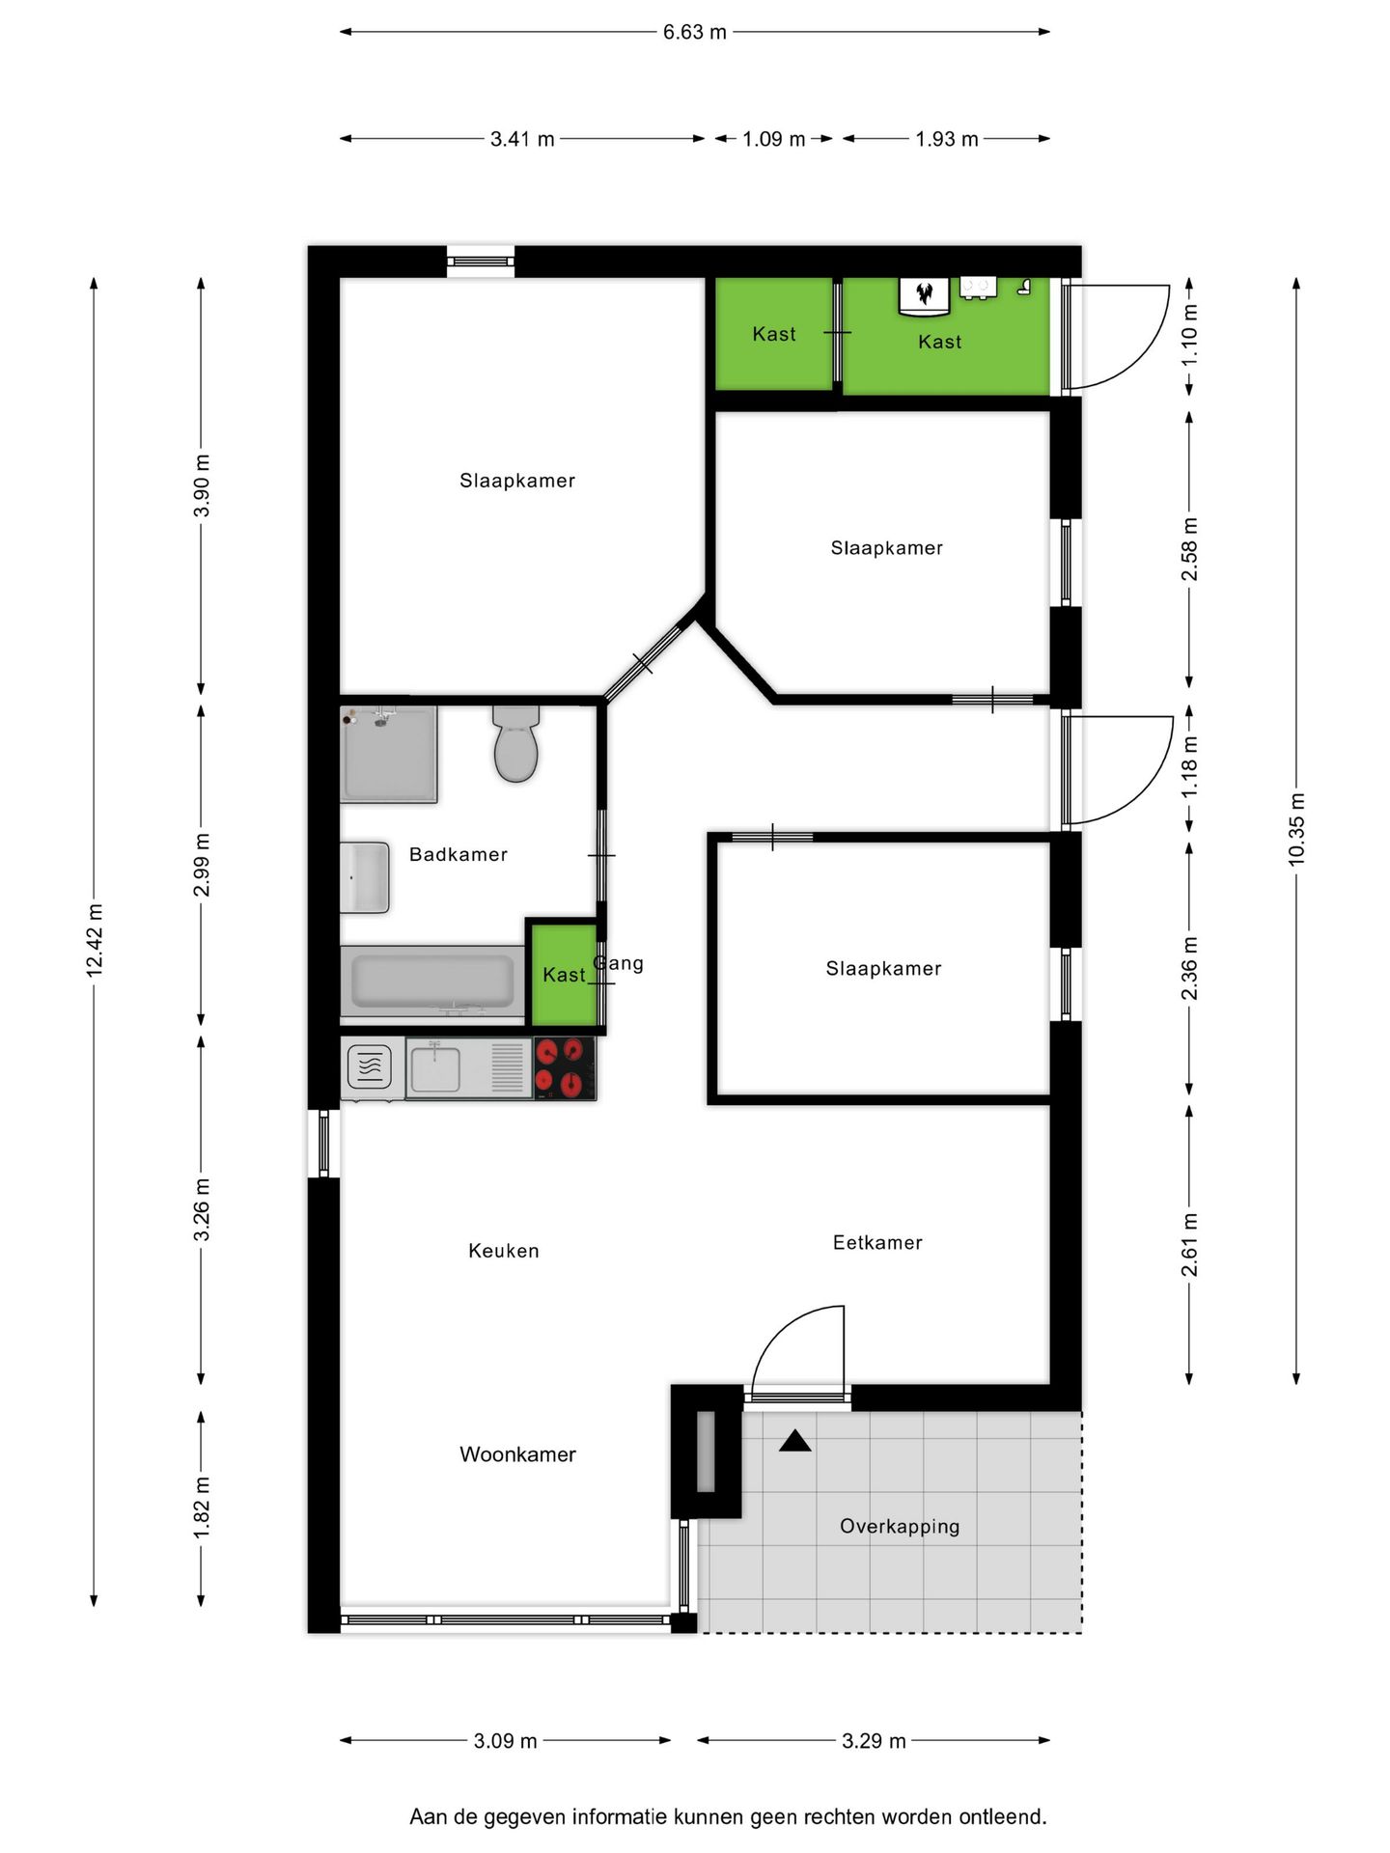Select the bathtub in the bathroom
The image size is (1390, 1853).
[x=432, y=982]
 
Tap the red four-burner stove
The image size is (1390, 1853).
[x=565, y=1068]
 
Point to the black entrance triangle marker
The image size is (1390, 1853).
[x=794, y=1441]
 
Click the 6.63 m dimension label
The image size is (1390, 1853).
[x=694, y=32]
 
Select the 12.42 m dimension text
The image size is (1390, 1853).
[x=95, y=940]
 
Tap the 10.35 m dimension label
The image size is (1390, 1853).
[x=1296, y=828]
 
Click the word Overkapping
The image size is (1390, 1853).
[x=900, y=1526]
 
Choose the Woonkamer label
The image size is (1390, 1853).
[x=517, y=1454]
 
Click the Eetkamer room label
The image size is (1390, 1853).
[x=877, y=1242]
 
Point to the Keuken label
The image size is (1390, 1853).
[x=503, y=1251]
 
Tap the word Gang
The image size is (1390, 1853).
[x=619, y=963]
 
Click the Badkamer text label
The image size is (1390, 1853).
[x=458, y=854]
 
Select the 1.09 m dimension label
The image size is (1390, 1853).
[x=773, y=139]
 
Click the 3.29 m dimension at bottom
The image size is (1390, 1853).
[x=874, y=1741]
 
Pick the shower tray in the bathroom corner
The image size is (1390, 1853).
[x=388, y=754]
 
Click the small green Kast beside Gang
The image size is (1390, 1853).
[x=564, y=975]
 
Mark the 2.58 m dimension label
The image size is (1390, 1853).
[x=1189, y=549]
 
